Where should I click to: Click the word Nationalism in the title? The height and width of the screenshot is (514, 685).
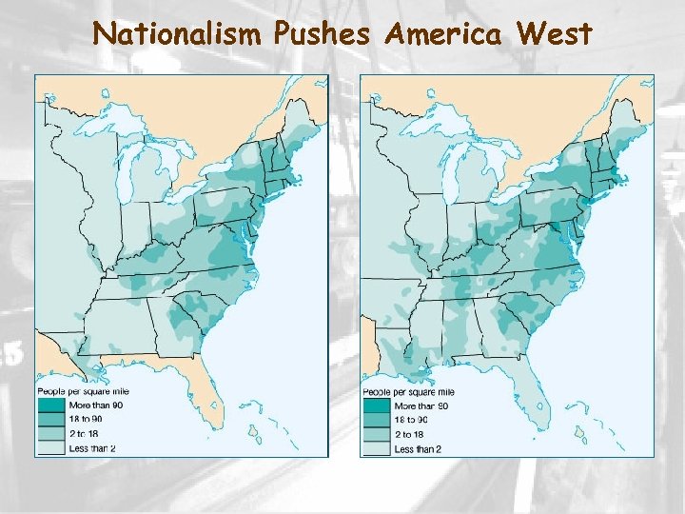tap(177, 34)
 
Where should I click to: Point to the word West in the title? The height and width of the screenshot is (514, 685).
tap(555, 34)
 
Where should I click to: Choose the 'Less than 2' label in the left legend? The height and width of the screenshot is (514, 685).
tap(92, 447)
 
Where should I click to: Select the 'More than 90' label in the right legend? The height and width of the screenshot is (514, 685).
tap(420, 405)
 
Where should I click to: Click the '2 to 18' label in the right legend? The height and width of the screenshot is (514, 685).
tap(410, 434)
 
